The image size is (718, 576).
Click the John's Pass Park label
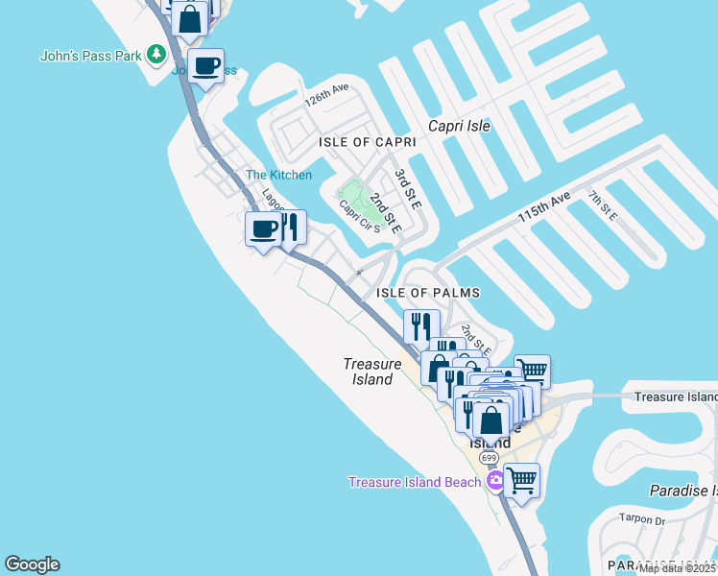pyautogui.click(x=91, y=56)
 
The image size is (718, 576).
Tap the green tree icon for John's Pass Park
pyautogui.click(x=156, y=56)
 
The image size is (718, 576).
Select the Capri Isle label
pyautogui.click(x=459, y=126)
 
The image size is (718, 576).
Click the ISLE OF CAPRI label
pyautogui.click(x=368, y=142)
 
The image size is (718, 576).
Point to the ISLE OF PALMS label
pyautogui.click(x=427, y=293)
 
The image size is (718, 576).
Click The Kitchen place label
pyautogui.click(x=278, y=175)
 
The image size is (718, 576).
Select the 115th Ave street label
pyautogui.click(x=544, y=206)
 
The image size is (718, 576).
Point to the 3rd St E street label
pyautogui.click(x=408, y=186)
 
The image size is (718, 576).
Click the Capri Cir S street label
pyautogui.click(x=359, y=216)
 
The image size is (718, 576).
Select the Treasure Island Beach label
pyautogui.click(x=414, y=482)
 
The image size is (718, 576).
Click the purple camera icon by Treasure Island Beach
pyautogui.click(x=495, y=481)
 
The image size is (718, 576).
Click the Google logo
pyautogui.click(x=32, y=564)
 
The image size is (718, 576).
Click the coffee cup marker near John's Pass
pyautogui.click(x=205, y=67)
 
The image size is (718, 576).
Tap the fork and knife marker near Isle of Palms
pyautogui.click(x=421, y=327)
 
